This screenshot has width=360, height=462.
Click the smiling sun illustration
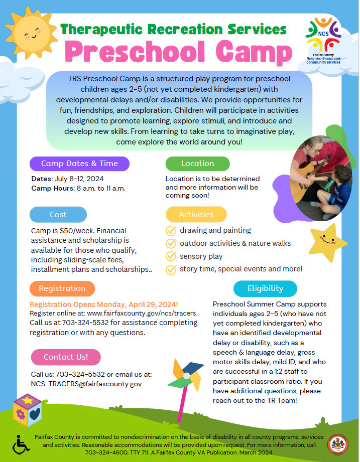point(32,32)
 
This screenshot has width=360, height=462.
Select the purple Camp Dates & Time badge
point(79,164)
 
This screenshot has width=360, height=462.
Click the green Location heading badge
point(197,164)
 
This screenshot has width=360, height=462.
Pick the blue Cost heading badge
point(58,215)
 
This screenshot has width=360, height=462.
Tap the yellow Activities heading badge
point(196,214)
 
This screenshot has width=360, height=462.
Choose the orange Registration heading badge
point(62,288)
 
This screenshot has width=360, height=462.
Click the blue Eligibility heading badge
point(265,288)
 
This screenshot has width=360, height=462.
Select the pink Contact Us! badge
point(65,357)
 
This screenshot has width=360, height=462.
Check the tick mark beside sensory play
point(171,256)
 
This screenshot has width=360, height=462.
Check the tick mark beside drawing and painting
point(171,231)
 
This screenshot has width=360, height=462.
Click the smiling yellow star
point(328,242)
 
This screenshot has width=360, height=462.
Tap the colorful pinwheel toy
point(186,376)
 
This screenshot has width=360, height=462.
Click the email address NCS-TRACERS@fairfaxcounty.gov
point(86,384)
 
